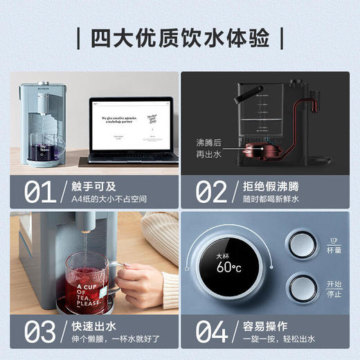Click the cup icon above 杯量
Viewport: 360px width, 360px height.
pos(334,239)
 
